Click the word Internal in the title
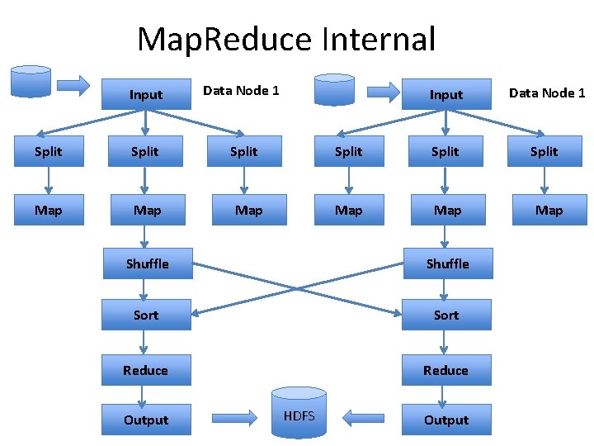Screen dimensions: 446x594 point(379,39)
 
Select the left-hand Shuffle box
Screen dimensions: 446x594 point(147,263)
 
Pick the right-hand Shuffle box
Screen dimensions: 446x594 point(446,263)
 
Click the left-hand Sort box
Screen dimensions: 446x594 point(146,315)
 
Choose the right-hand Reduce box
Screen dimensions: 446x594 point(445,370)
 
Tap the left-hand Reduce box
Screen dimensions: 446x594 point(146,370)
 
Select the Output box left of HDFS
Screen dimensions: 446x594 point(146,420)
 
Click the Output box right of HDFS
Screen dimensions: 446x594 point(446,420)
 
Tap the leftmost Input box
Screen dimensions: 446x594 point(146,94)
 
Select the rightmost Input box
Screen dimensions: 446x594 point(446,94)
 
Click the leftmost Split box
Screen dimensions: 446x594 point(48,151)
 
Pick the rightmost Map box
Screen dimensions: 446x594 point(549,211)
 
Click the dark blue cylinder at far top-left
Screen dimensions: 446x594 point(31,82)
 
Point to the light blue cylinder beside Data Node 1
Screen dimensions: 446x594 point(335,90)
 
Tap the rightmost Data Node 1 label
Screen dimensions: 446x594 point(547,93)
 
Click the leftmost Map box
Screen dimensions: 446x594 point(48,211)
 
